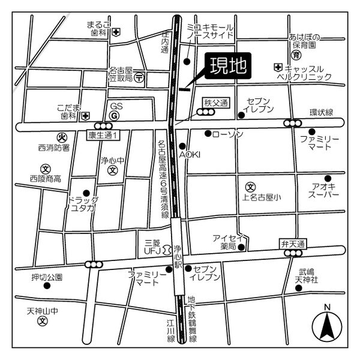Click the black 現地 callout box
pos(227,67)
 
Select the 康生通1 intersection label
pos(104,136)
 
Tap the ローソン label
pos(228,134)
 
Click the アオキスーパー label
pos(324,191)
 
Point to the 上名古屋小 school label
pos(262,197)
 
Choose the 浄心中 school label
pos(112,161)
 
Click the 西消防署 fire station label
pos(54,147)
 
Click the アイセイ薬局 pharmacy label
pos(228,242)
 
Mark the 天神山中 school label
pos(43,311)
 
